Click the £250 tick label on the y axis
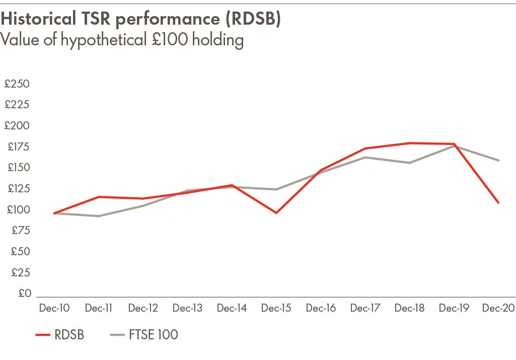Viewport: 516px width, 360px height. click(x=17, y=84)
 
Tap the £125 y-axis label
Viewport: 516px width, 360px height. click(x=17, y=189)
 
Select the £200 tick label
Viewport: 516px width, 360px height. click(x=17, y=126)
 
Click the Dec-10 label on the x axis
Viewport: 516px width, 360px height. click(x=54, y=308)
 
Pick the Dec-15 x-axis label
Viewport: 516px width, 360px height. click(x=276, y=308)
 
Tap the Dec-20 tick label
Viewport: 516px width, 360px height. click(x=498, y=308)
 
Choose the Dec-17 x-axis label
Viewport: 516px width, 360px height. click(x=365, y=308)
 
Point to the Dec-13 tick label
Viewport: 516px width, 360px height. click(x=187, y=308)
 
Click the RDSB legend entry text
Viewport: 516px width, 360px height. click(x=69, y=335)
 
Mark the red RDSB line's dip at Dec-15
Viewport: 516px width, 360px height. click(x=276, y=213)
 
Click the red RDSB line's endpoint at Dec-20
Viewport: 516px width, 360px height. click(x=498, y=202)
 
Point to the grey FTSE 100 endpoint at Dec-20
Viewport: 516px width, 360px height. click(x=498, y=161)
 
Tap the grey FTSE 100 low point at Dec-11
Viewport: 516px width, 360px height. click(x=99, y=216)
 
